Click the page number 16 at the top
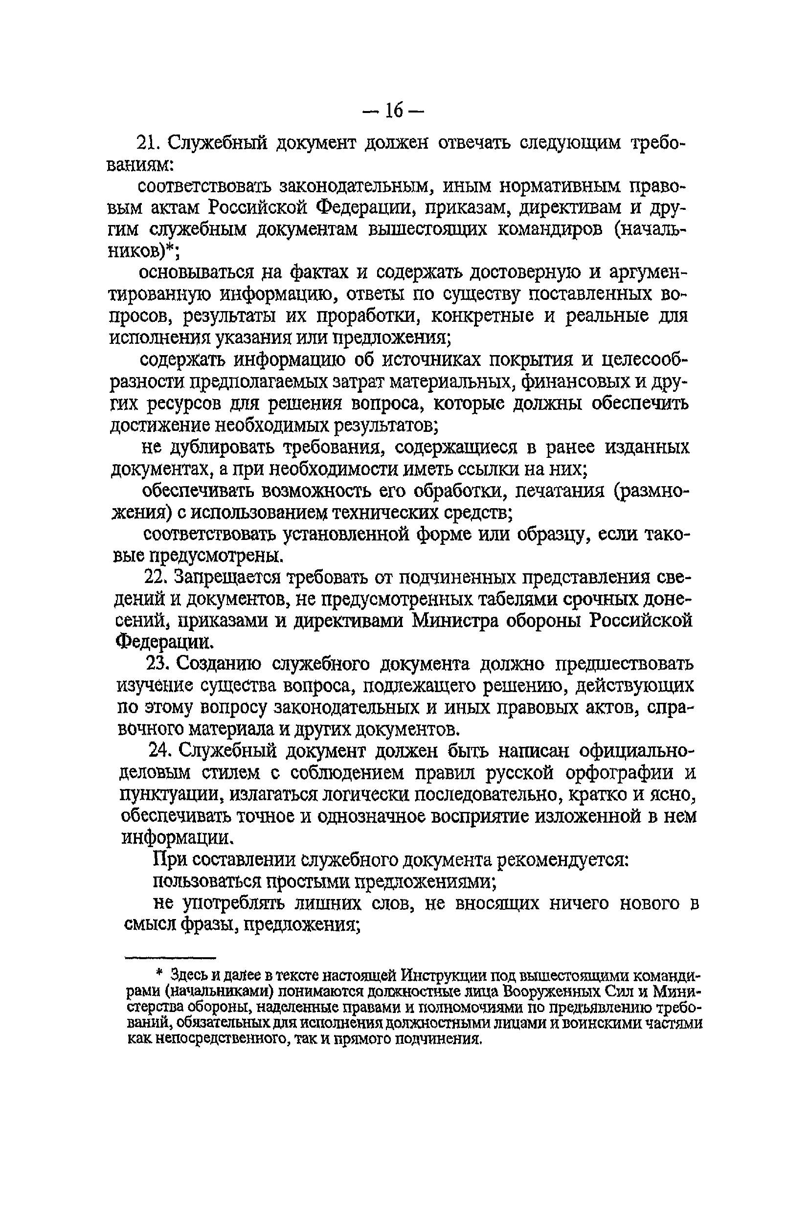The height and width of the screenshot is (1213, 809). (393, 110)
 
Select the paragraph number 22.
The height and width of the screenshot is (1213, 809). (154, 576)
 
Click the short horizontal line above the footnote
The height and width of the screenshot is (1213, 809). (170, 958)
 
